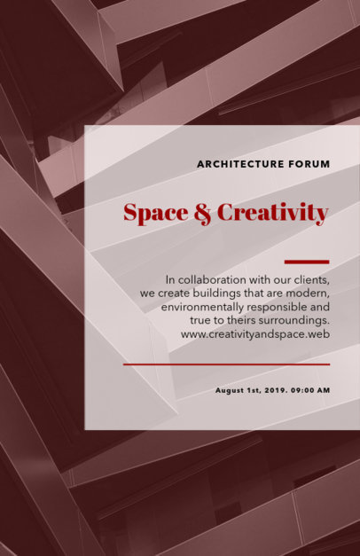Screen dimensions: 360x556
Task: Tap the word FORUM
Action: [309, 164]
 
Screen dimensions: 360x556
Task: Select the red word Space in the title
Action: [156, 213]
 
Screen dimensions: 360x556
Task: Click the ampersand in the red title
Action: [203, 214]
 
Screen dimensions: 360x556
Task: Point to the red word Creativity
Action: [273, 213]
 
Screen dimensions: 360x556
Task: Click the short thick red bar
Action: [307, 262]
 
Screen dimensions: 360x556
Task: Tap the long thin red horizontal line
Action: [227, 364]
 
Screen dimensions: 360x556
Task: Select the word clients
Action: [312, 280]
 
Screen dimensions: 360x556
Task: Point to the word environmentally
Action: [202, 307]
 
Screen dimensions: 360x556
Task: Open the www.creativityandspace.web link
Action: [255, 334]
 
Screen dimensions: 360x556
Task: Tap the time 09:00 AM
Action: [310, 390]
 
